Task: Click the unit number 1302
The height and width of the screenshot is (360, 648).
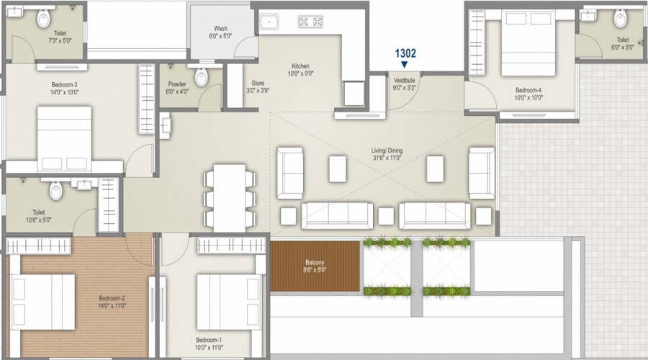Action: (x=405, y=53)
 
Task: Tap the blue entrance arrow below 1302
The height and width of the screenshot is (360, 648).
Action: (x=404, y=64)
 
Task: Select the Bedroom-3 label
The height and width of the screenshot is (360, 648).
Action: (x=64, y=84)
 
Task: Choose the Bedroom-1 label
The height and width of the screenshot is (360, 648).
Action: (x=210, y=340)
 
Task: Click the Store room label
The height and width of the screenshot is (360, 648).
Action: (x=257, y=83)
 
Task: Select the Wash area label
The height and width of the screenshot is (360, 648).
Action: (x=220, y=28)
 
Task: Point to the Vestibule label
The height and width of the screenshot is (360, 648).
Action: (x=403, y=80)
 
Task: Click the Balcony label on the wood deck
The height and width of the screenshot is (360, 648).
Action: (x=315, y=264)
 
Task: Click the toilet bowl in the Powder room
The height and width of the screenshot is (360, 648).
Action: (x=201, y=76)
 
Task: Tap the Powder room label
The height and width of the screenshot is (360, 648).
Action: (x=176, y=84)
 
